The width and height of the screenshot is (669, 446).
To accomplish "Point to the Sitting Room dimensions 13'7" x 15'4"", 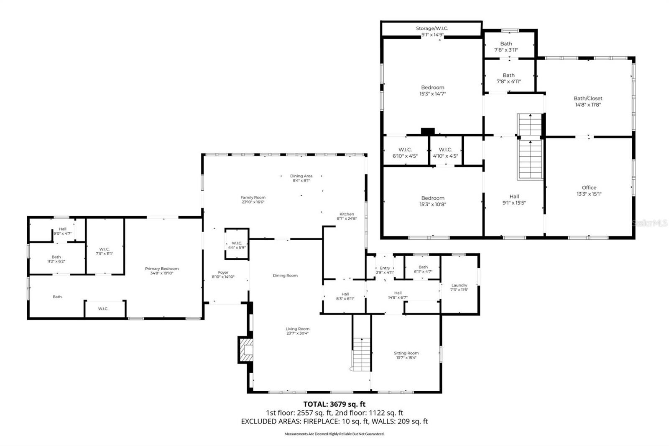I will coord(406,358).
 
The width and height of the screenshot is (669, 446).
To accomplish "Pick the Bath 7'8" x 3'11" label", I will coord(506,46).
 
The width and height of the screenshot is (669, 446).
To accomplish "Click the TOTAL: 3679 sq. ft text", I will coord(334,404).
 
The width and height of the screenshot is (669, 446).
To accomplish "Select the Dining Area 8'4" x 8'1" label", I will coord(301,178).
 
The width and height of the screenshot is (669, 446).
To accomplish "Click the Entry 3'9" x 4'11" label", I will coord(385,270).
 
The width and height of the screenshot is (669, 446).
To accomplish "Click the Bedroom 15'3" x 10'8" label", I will coord(433,201).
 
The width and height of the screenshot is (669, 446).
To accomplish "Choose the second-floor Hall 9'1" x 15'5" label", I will coord(514,199).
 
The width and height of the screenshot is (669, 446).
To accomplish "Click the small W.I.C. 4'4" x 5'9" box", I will coord(237,245).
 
